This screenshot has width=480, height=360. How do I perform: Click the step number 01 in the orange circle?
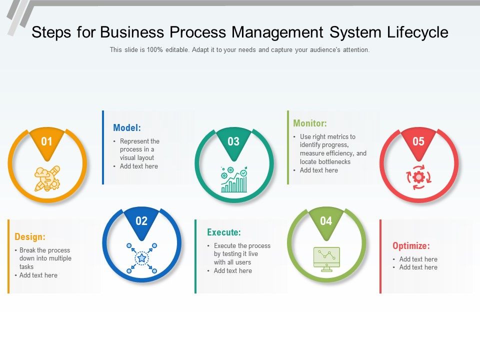coord(46,141)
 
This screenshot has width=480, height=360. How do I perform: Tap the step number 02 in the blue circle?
coord(141,221)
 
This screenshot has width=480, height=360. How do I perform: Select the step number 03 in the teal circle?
coord(233,141)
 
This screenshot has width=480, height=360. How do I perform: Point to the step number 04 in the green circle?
coord(326,221)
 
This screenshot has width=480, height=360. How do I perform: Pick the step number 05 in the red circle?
coord(418,141)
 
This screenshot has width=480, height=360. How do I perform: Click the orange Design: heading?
coord(30,236)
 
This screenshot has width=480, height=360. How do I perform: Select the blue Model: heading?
coord(127,127)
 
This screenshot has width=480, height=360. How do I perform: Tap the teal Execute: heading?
coord(224,232)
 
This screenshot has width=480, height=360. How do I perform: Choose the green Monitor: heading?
coord(310,123)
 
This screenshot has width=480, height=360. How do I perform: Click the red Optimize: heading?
coord(411,245)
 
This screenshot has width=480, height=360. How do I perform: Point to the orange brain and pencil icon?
coord(47,178)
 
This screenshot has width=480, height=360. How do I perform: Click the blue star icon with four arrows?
coord(141,258)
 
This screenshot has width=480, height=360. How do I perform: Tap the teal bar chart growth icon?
coord(234,179)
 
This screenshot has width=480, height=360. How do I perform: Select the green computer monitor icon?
coord(326,259)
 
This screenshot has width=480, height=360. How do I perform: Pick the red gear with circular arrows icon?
coord(418,177)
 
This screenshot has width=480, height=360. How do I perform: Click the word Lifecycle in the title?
coord(417,32)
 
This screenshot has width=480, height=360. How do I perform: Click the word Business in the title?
coord(132,32)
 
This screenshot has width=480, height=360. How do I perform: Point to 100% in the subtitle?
coord(155,49)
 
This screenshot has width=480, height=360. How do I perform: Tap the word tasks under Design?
coord(26,266)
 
